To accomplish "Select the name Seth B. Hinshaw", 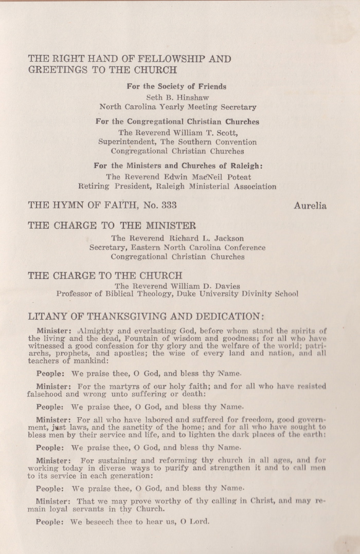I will [177, 97].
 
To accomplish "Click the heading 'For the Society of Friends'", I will [177, 86].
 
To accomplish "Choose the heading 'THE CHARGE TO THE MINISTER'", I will [112, 226].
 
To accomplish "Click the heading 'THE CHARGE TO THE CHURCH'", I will [104, 275].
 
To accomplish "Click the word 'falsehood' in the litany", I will [47, 394].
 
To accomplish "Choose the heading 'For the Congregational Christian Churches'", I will [177, 122].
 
